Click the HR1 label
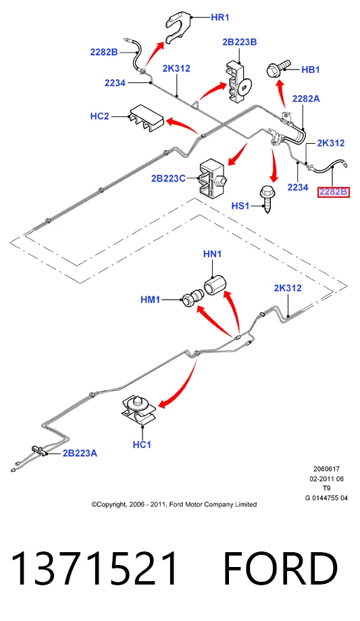[220, 18]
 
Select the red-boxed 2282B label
[334, 192]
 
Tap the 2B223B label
[240, 42]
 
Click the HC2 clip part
[145, 118]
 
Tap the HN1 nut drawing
[215, 284]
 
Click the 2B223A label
[80, 453]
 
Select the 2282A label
[306, 99]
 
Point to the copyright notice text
[174, 504]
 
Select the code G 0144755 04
[326, 498]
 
